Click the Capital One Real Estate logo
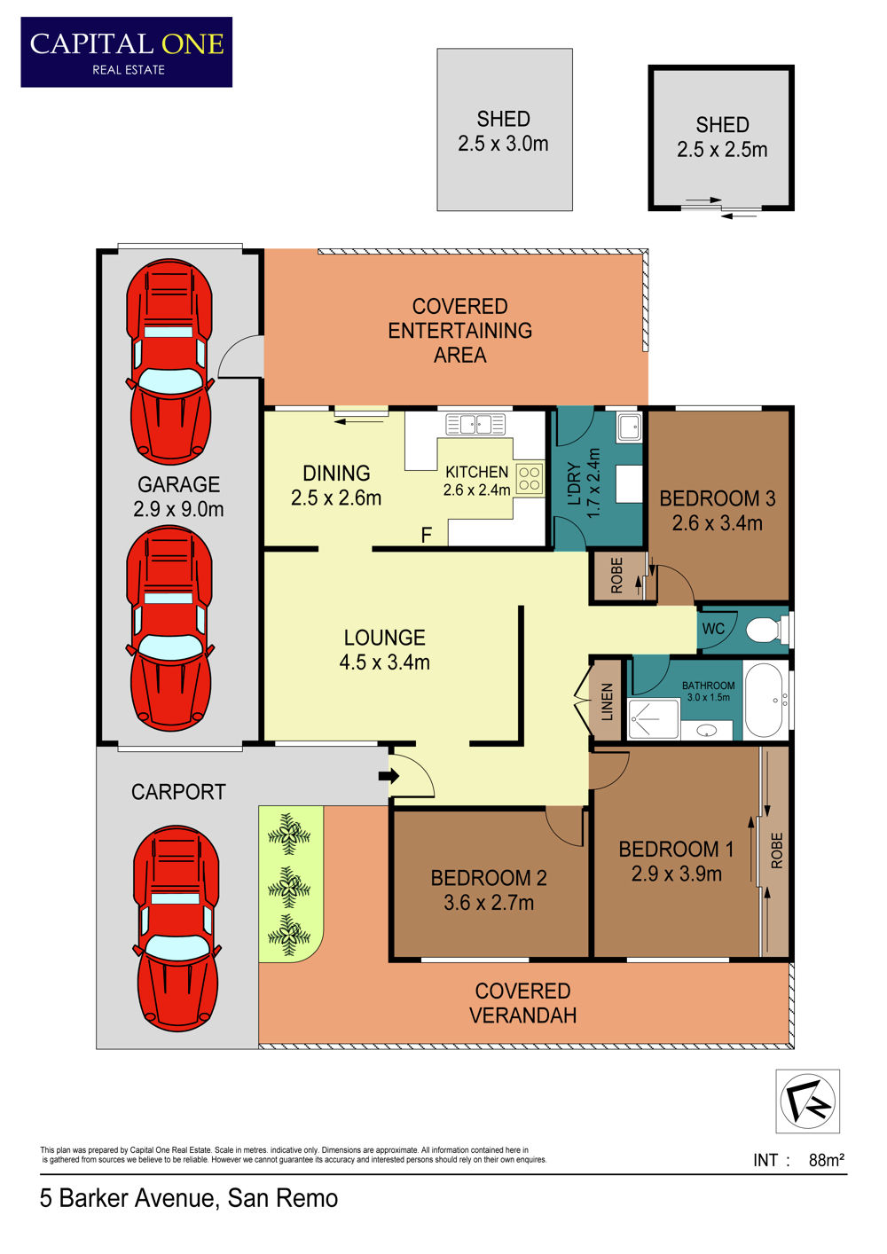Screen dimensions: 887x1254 127,52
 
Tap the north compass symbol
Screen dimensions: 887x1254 807,1101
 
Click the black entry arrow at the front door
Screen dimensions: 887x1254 389,776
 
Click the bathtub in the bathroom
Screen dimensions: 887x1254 765,701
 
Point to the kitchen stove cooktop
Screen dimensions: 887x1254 530,479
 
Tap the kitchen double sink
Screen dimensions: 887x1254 475,424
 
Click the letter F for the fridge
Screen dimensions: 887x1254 427,535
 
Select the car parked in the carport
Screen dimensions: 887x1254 176,934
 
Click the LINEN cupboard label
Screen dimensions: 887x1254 608,701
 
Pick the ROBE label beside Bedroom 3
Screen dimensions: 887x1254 616,576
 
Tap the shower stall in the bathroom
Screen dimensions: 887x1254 654,719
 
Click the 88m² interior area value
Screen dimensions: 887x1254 827,1161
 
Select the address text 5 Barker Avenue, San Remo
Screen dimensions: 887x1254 189,1199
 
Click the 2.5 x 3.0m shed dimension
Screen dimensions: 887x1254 503,144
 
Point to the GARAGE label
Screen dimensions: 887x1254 178,484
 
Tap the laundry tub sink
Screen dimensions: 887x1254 630,427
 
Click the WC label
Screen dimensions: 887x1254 713,629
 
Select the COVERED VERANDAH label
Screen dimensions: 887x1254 522,1003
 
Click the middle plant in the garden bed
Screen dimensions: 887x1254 289,888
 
